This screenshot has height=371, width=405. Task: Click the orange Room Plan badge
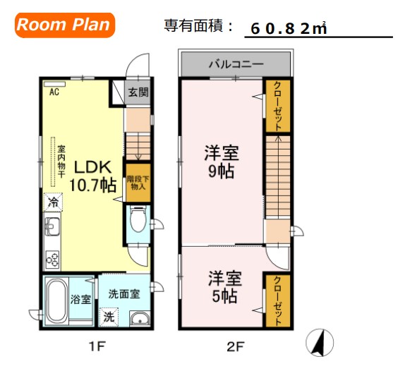(x=64, y=25)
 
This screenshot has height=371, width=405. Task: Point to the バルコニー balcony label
(x=236, y=64)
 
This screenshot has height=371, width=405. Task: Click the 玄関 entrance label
(x=138, y=92)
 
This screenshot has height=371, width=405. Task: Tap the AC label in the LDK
(x=54, y=92)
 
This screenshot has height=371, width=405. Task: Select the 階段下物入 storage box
(x=137, y=183)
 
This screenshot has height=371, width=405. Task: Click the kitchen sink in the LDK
(x=53, y=228)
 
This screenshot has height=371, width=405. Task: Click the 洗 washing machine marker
(x=109, y=317)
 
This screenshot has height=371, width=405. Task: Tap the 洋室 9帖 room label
(x=219, y=161)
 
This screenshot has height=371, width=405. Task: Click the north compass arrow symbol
(x=318, y=343)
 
